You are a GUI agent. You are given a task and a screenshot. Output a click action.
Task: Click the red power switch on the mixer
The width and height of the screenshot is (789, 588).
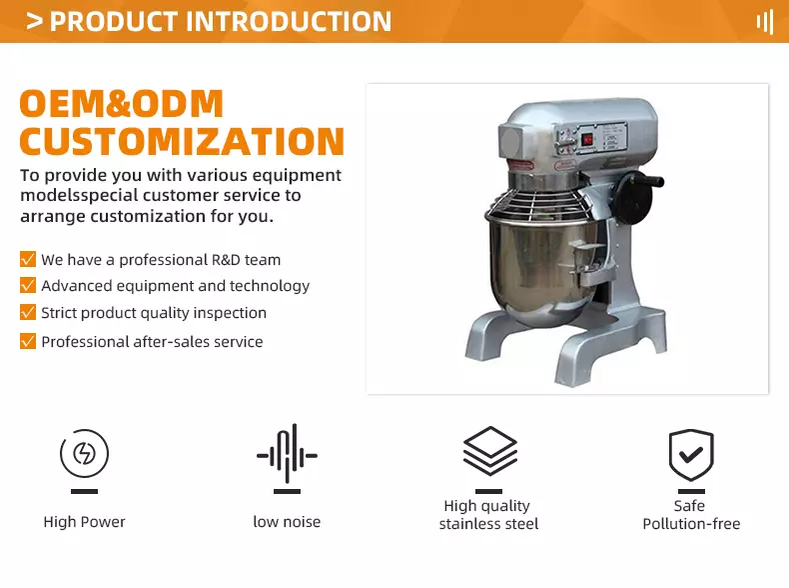[x=587, y=139]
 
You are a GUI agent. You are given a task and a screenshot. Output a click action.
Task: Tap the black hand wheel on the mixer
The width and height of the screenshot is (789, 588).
[x=635, y=195]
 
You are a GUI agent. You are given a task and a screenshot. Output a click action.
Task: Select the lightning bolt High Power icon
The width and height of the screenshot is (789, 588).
[x=84, y=453]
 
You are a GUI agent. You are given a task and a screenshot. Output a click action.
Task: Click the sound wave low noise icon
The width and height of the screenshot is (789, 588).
[x=287, y=453]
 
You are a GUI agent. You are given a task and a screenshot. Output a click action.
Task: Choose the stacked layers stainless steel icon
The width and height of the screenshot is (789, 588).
[x=489, y=451]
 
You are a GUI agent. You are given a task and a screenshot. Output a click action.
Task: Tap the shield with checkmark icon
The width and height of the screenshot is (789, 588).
[x=691, y=454]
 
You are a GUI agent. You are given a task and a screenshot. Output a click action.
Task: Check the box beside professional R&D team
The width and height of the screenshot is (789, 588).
[x=28, y=259]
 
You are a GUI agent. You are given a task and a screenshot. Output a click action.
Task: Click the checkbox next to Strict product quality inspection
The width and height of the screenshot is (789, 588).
[x=28, y=312]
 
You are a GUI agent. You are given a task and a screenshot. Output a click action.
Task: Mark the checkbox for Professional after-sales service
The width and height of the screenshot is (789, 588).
[x=28, y=341]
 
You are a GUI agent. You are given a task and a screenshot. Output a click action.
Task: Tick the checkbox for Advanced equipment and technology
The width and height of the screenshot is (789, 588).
[x=28, y=285]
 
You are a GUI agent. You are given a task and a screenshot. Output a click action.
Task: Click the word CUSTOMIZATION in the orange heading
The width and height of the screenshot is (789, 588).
[x=182, y=141]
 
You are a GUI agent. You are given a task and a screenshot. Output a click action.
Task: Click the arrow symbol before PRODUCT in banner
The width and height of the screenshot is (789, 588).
[x=34, y=21]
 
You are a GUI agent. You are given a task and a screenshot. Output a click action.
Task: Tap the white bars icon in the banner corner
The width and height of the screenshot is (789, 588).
[x=765, y=22]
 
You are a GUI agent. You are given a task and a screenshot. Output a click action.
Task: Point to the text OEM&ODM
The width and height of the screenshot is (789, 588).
[x=121, y=104]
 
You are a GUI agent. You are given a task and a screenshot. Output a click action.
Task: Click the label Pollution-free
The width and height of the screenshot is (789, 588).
[x=691, y=524]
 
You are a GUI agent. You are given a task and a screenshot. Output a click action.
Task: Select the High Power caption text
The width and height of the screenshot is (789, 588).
[x=84, y=522]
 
